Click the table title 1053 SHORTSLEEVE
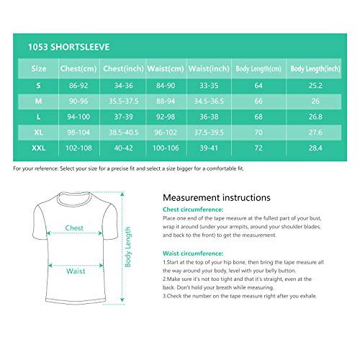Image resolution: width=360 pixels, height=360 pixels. tap(68, 47)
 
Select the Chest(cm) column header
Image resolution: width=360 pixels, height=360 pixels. tap(78, 68)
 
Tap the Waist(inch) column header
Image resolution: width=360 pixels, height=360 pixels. tap(209, 68)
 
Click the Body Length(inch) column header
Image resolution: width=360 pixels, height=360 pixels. tap(315, 68)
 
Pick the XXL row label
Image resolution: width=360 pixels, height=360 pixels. tap(38, 148)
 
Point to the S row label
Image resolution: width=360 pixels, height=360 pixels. tap(38, 86)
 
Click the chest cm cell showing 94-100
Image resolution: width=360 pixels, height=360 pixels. tap(78, 117)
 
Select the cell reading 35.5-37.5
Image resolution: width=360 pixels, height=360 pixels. tap(123, 101)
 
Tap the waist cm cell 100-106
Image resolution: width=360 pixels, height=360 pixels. tap(166, 148)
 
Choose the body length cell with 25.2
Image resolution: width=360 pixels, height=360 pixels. tap(315, 86)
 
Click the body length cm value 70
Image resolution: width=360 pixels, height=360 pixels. tap(258, 132)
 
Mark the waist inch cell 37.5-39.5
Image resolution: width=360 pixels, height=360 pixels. tap(209, 132)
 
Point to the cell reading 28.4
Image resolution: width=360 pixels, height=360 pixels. tap(315, 148)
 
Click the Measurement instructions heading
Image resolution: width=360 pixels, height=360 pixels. tap(217, 197)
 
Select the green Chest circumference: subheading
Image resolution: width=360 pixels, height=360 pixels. tap(193, 210)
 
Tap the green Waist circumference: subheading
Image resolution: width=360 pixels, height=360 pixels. tap(193, 253)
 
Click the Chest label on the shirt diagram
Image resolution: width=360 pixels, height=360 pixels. tap(74, 228)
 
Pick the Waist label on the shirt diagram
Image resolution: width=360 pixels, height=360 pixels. tap(76, 271)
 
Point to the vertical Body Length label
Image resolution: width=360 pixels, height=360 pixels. tap(127, 247)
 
